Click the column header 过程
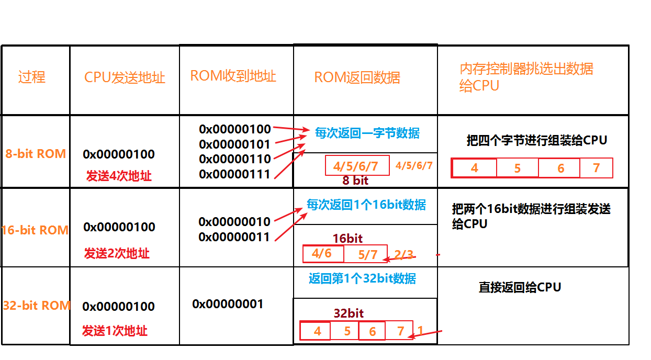pos(32,77)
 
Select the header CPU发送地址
pos(125,78)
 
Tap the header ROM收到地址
pos(233,76)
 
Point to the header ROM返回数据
pos(357,78)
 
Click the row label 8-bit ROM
pos(36,154)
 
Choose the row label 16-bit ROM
pos(35,230)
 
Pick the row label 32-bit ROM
pos(36,306)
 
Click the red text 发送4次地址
pos(119,176)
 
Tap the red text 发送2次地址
pos(117,253)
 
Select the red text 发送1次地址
pos(115,331)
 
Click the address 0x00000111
pos(235,174)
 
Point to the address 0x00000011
pos(234,237)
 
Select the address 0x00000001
pos(228,304)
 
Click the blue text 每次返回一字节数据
pos(367,133)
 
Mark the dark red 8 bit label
pos(355,181)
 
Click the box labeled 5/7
pos(367,254)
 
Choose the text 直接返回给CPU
pos(520,287)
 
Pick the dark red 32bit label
pos(349,313)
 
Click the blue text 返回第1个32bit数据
pos(362,278)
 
